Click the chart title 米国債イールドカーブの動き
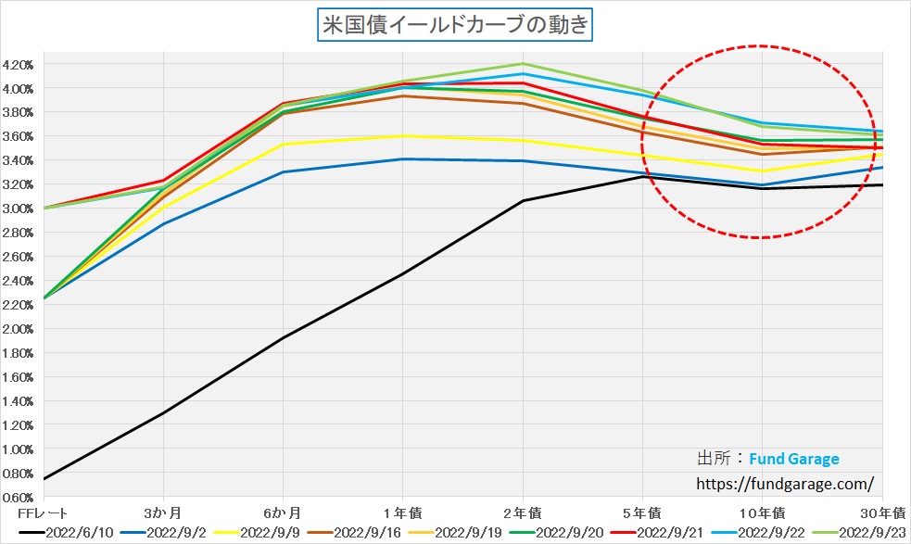[455, 25]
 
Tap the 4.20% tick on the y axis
[19, 65]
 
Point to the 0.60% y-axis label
[19, 498]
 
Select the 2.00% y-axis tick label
[19, 329]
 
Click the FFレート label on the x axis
[44, 512]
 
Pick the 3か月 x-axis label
[163, 512]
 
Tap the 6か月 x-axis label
[283, 512]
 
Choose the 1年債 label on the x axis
[403, 512]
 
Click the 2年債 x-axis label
[523, 512]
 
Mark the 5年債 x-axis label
[642, 512]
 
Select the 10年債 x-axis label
[762, 512]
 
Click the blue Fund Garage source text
[793, 459]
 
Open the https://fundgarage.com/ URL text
[784, 484]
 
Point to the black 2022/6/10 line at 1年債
[403, 273]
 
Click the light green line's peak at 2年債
[523, 64]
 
